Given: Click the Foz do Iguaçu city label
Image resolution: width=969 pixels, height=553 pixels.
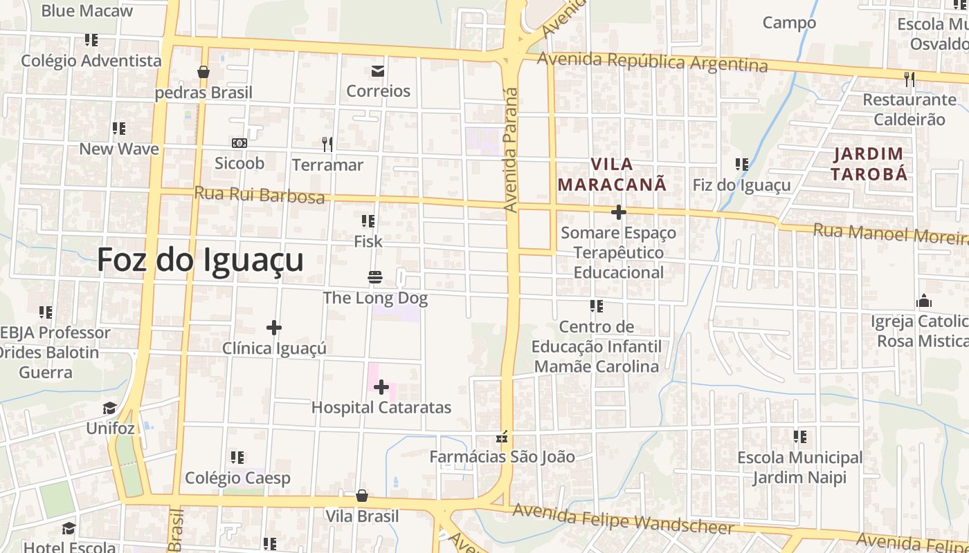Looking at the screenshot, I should pos(200,261).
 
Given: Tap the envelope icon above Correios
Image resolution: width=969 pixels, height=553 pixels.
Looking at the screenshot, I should pos(378,71).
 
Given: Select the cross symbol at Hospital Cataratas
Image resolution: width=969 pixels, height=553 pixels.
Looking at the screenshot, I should pos(381,387).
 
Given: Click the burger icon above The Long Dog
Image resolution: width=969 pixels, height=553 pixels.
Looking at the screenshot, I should pos(375,278).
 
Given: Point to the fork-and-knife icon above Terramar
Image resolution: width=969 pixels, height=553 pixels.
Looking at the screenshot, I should pos(327,144).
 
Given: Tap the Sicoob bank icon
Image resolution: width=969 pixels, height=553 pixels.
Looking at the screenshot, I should pos(239,143).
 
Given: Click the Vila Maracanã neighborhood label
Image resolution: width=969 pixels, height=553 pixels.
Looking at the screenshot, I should pos(613,174).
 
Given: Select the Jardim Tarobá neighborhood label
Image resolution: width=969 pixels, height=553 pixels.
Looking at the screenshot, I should pos(869,164).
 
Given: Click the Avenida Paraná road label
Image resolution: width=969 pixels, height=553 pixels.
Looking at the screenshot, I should pos(511,149).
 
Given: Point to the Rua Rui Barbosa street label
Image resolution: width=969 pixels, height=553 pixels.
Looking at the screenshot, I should pos(260,195).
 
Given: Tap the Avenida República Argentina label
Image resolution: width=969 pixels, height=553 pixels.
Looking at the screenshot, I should pos(653,62).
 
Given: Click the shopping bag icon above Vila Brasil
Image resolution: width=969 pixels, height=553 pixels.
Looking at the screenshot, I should pos(361,496).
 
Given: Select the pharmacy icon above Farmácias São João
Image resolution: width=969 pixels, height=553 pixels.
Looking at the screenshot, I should pos(502,437).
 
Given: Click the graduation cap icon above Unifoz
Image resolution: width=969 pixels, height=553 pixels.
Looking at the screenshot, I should pos(110,408).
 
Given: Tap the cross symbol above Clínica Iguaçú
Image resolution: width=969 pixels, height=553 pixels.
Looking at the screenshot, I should pos(274,327).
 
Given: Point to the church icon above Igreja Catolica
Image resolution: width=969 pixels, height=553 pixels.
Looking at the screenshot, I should pos(923,301).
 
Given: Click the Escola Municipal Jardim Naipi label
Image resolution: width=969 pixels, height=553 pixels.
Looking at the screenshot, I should pos(799,467).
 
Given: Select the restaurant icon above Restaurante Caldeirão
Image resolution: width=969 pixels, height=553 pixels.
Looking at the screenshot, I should pos(909,79).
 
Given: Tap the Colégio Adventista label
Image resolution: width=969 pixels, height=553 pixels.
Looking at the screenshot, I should pos(91,61).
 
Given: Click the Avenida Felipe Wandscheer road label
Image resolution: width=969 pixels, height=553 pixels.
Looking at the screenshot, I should pos(623,520).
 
